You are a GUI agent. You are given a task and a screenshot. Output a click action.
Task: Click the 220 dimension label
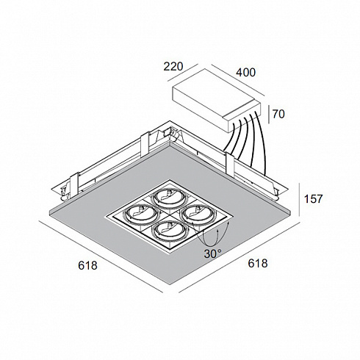pyautogui.click(x=173, y=67)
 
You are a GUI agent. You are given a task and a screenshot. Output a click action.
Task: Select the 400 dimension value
pyautogui.click(x=245, y=73)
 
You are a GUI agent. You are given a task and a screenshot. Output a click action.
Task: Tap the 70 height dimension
pyautogui.click(x=278, y=114)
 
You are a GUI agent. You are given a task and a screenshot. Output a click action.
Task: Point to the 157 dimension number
pyautogui.click(x=314, y=199)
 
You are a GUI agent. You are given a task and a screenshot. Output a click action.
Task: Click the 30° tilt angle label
pyautogui.click(x=212, y=254)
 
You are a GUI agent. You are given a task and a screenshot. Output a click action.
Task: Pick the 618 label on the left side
pyautogui.click(x=87, y=265)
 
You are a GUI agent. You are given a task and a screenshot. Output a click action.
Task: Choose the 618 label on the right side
pyautogui.click(x=258, y=264)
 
